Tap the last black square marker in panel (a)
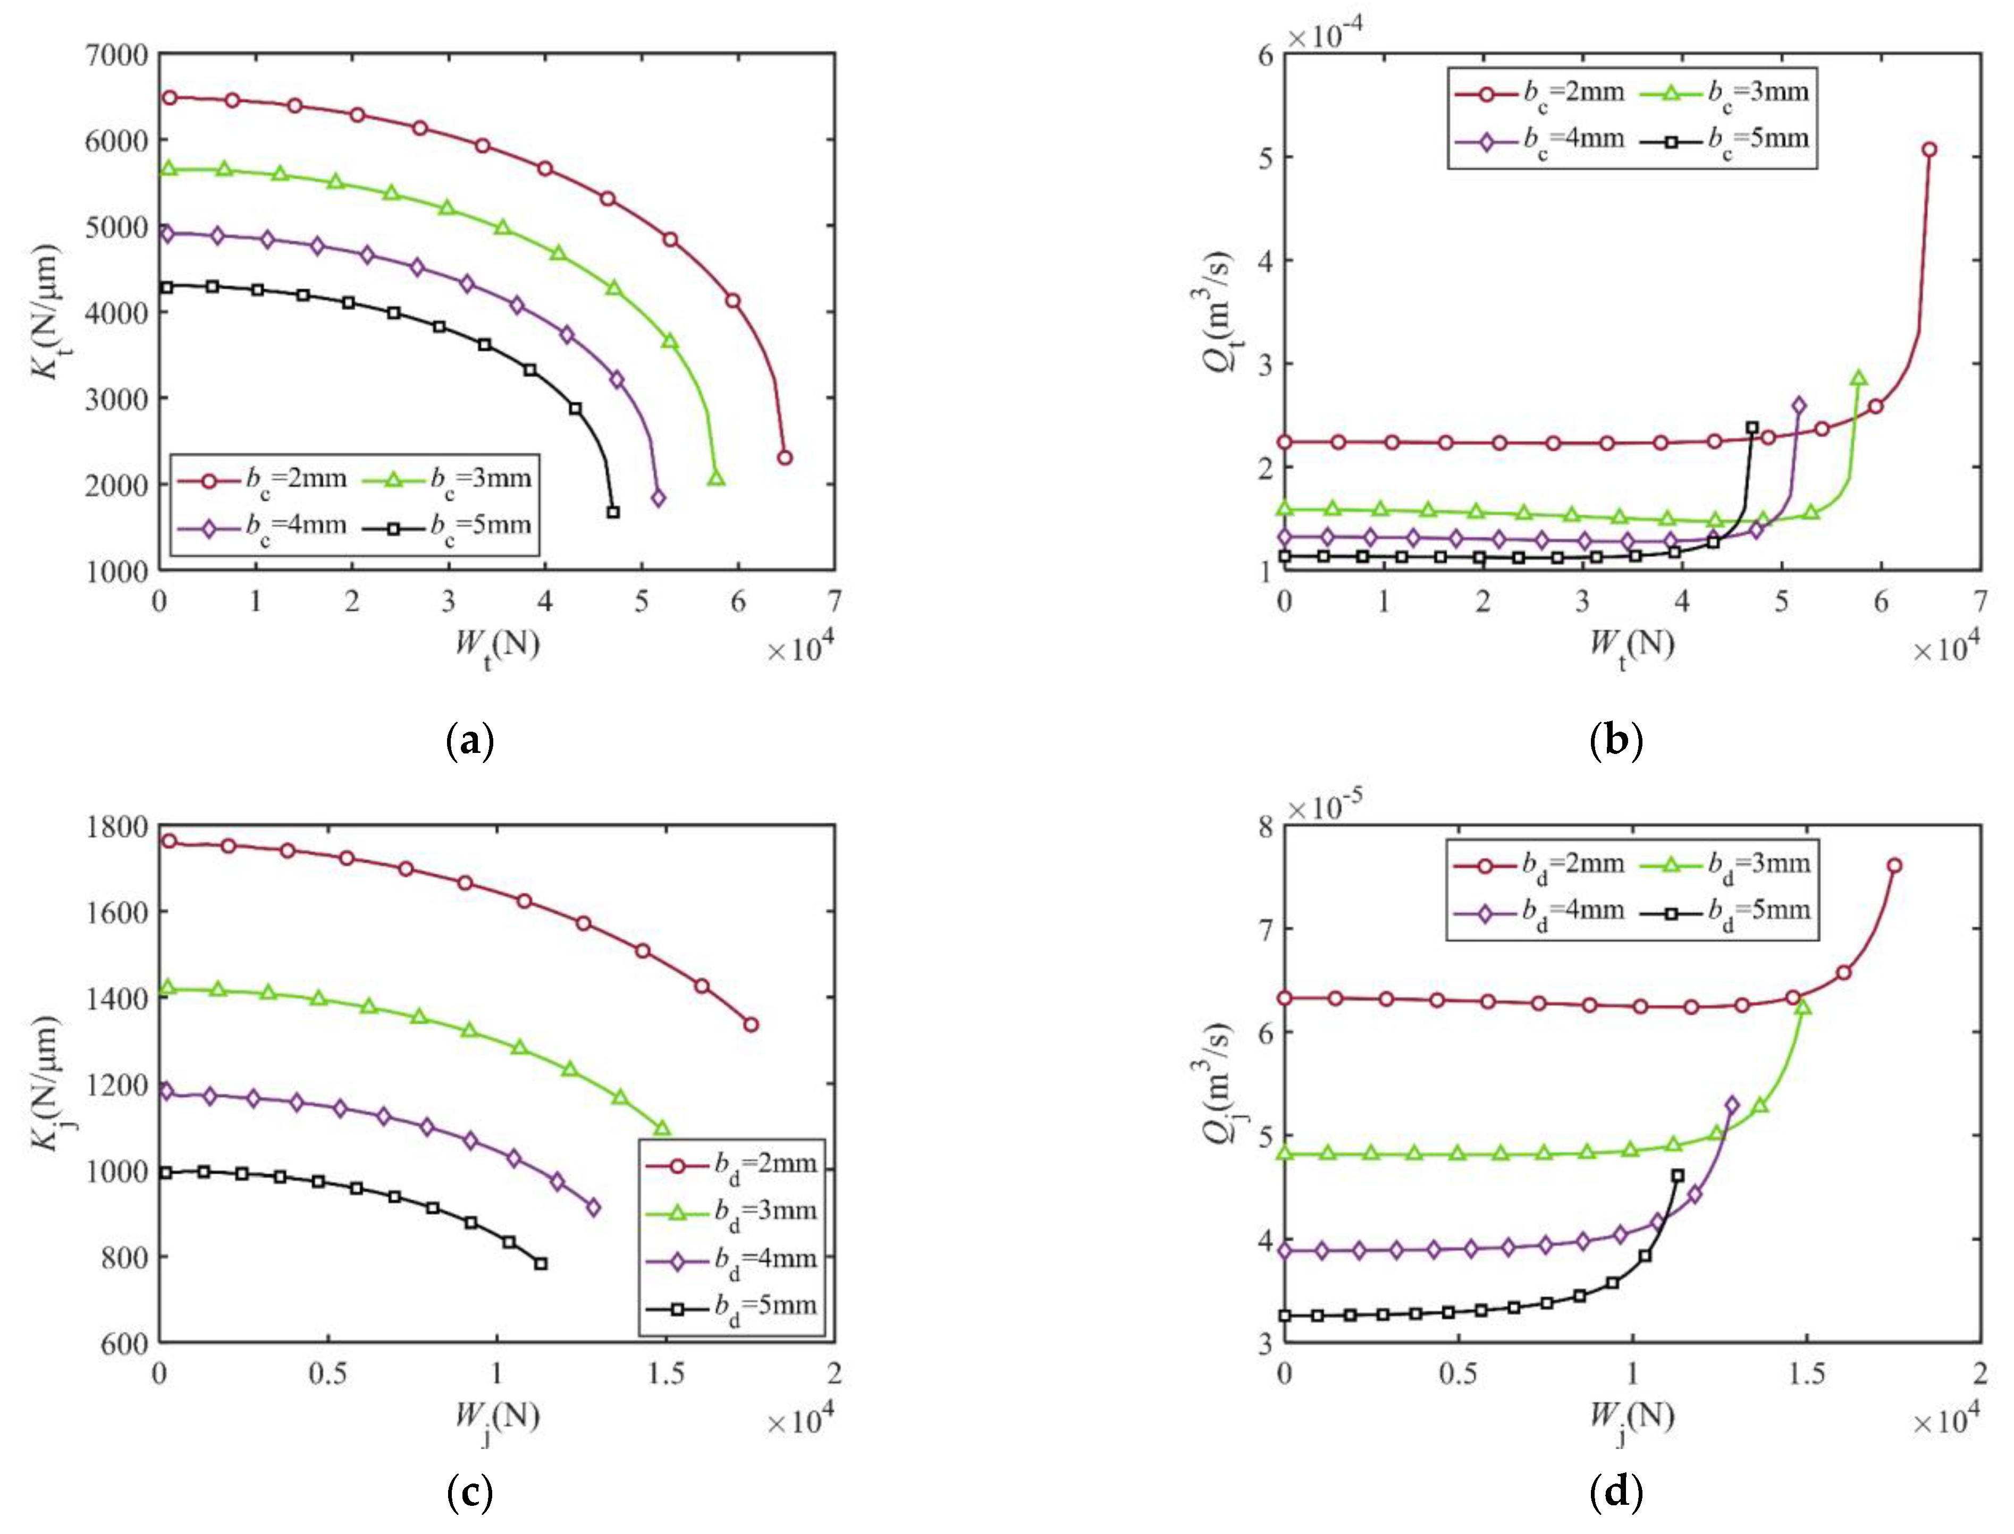coord(613,512)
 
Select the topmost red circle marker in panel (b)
coord(1929,150)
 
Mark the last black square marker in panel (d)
coord(1677,1176)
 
